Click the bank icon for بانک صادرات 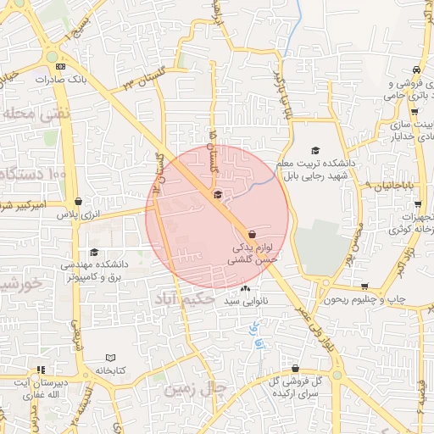[60, 66]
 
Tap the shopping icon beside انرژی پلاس [79, 202]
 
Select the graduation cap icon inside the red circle [218, 195]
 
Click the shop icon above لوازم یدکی [252, 234]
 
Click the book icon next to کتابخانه [112, 359]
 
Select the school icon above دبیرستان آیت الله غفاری [40, 370]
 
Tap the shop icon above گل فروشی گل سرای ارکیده [295, 369]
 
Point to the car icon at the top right [416, 70]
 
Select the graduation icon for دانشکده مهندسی [93, 252]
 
